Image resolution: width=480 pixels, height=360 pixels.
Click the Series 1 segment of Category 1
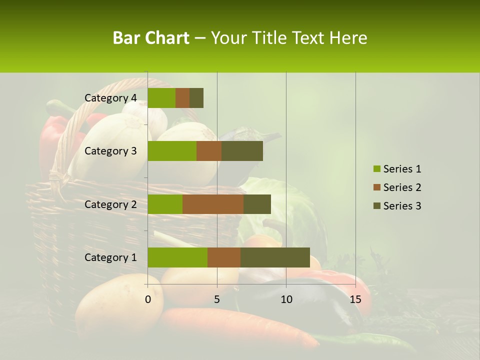click(177, 257)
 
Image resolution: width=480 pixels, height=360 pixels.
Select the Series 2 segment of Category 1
click(224, 257)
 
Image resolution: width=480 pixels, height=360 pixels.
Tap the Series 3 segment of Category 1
click(275, 257)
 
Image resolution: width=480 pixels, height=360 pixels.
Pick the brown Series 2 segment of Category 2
click(213, 204)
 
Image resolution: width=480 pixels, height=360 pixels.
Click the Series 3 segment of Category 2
click(257, 204)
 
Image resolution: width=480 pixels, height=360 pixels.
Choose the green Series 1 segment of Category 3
click(172, 151)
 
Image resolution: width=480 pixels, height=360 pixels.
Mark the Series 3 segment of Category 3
click(242, 151)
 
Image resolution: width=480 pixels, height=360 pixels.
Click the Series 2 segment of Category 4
click(182, 98)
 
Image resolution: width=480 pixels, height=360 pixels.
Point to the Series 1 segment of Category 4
click(161, 98)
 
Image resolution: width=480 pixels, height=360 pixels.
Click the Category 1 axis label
click(110, 257)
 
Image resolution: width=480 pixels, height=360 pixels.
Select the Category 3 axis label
click(110, 151)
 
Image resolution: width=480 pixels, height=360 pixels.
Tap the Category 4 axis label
click(110, 98)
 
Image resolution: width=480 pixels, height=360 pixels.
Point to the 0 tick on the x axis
click(148, 299)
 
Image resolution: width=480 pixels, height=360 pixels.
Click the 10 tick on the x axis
click(286, 299)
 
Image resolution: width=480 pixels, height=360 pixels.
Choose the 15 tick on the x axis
click(355, 299)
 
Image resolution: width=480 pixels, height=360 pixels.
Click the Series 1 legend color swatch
click(376, 169)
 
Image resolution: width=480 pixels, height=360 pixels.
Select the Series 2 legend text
click(402, 187)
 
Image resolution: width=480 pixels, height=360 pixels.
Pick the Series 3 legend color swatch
click(376, 206)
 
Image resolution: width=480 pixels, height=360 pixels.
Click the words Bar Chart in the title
click(151, 38)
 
